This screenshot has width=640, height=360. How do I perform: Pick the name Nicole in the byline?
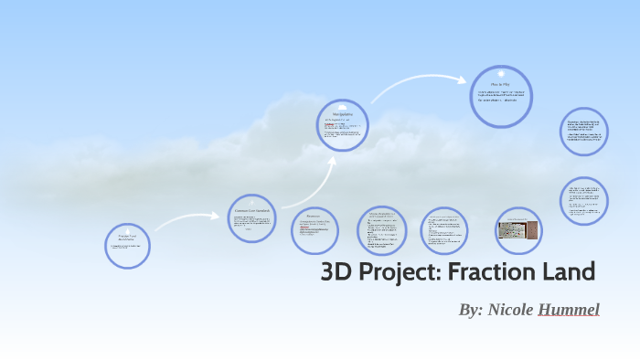coord(512,310)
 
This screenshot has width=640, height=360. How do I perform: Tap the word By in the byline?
coord(471,310)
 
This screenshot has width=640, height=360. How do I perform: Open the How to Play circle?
coord(501,96)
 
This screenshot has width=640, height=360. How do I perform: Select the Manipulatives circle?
coord(343,125)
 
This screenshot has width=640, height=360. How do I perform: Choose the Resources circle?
coord(315,229)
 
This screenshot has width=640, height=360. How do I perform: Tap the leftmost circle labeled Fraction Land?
coord(127,245)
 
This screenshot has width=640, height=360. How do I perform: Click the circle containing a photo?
coord(518,229)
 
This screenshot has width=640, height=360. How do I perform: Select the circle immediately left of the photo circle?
coord(445,229)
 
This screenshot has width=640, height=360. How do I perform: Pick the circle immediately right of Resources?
coord(381,229)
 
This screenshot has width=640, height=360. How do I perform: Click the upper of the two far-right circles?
coord(583,133)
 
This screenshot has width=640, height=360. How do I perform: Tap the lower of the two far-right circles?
coord(583,200)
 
